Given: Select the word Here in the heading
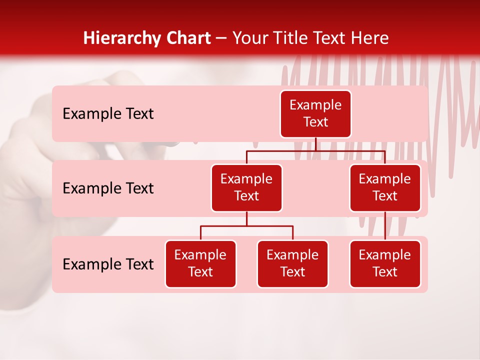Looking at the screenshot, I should click(370, 38).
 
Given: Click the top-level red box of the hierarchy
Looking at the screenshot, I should click(315, 114).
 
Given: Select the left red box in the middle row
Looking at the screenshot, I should click(246, 188).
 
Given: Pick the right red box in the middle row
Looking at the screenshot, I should click(385, 188).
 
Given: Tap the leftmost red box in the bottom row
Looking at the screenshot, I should click(200, 264).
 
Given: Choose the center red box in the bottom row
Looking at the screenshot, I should click(292, 264).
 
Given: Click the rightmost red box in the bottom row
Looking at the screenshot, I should click(385, 264).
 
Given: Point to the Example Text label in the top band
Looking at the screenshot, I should click(108, 114).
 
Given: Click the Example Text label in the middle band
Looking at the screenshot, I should click(108, 188).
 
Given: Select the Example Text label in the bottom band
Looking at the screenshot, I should click(108, 264).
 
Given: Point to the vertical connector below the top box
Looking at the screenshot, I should click(315, 144).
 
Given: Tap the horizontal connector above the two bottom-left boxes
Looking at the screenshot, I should click(246, 226).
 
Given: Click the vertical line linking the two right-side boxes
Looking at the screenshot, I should click(385, 226).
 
